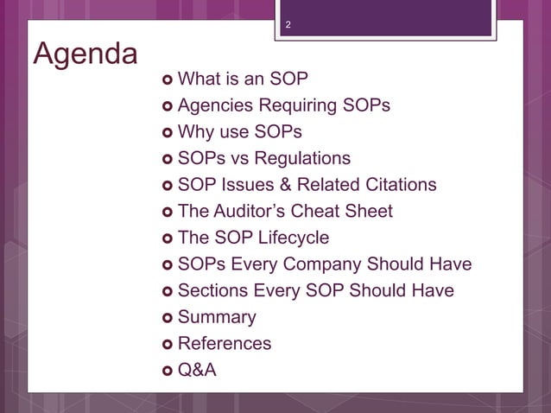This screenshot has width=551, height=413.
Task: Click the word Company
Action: coord(328,264)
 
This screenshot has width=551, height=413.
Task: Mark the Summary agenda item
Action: coord(217,317)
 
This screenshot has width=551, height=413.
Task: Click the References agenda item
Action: coord(224,343)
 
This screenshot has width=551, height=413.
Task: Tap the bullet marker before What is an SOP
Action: coord(167,80)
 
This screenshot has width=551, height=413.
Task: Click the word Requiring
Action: coord(303,106)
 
